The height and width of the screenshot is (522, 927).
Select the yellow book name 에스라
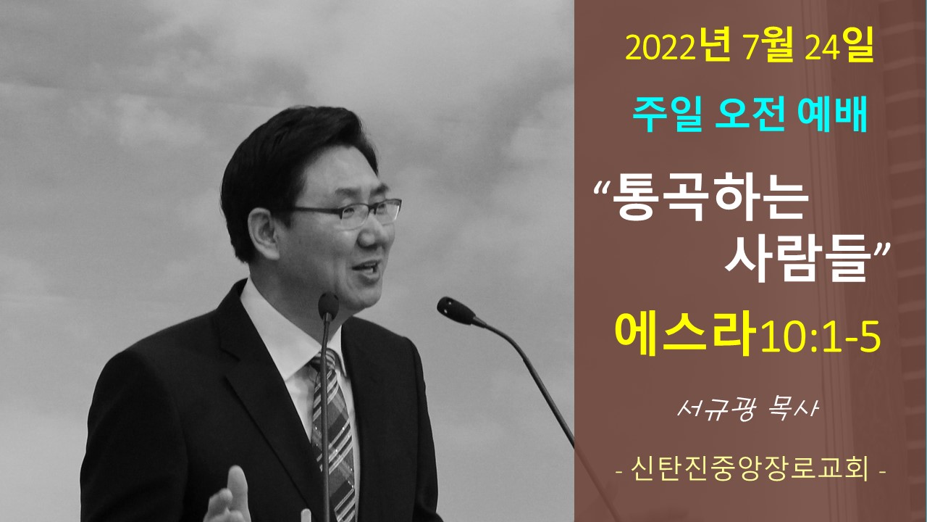point(685,333)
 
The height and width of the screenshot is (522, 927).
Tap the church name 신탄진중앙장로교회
point(750,471)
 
